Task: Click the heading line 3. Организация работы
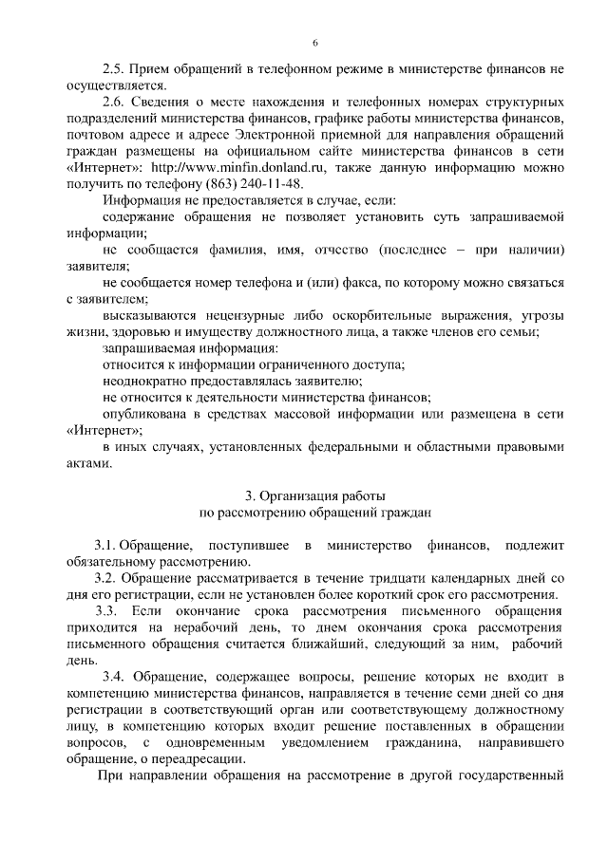coord(314,495)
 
